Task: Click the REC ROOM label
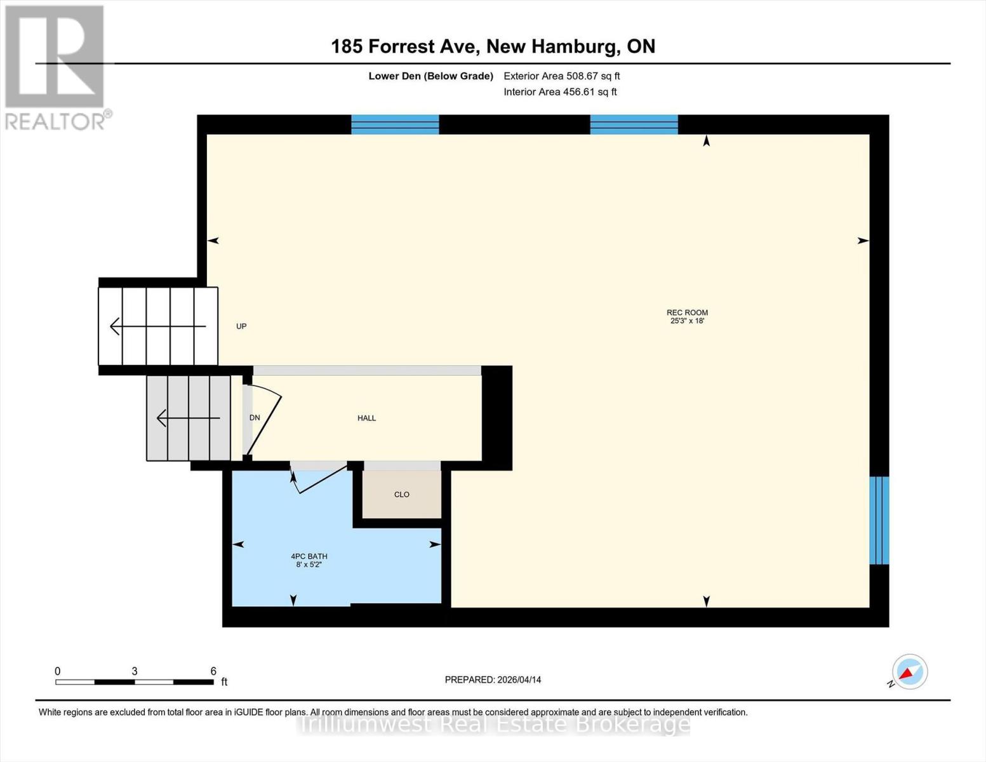pyautogui.click(x=687, y=312)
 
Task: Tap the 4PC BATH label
pyautogui.click(x=309, y=556)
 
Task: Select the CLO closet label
pyautogui.click(x=401, y=494)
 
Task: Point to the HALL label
pyautogui.click(x=366, y=418)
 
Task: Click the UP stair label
pyautogui.click(x=241, y=326)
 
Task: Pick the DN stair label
pyautogui.click(x=255, y=418)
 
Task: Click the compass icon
pyautogui.click(x=909, y=672)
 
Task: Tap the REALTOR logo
pyautogui.click(x=55, y=67)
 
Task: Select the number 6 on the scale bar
pyautogui.click(x=213, y=671)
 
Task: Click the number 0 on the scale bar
pyautogui.click(x=58, y=671)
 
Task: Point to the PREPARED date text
pyautogui.click(x=493, y=679)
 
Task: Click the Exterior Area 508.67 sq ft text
pyautogui.click(x=562, y=76)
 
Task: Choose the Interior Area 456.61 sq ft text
pyautogui.click(x=560, y=91)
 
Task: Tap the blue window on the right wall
pyautogui.click(x=879, y=520)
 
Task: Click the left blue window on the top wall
pyautogui.click(x=395, y=124)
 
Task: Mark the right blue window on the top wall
pyautogui.click(x=634, y=124)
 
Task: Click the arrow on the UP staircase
pyautogui.click(x=158, y=326)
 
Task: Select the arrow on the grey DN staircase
pyautogui.click(x=189, y=418)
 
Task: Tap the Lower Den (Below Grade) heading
pyautogui.click(x=430, y=76)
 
